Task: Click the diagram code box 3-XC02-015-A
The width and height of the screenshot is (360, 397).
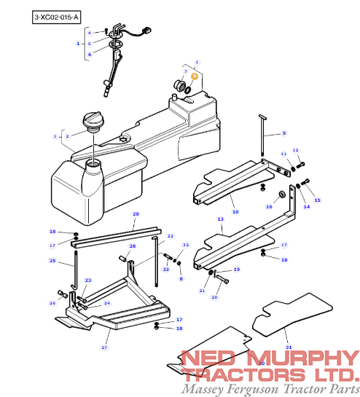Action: pyautogui.click(x=56, y=17)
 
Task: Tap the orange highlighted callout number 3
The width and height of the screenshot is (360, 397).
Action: pyautogui.click(x=195, y=76)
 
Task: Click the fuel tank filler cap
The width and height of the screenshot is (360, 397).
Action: pyautogui.click(x=93, y=121)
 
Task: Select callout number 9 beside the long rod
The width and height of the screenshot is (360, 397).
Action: pyautogui.click(x=284, y=133)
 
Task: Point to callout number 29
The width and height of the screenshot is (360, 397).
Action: pyautogui.click(x=136, y=214)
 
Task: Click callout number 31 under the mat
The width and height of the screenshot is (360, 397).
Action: pyautogui.click(x=289, y=347)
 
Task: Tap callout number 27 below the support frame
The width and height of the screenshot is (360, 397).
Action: pyautogui.click(x=104, y=347)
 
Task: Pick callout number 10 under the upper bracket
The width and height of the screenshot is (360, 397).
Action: pyautogui.click(x=235, y=212)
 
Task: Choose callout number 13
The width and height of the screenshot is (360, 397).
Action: pyautogui.click(x=220, y=219)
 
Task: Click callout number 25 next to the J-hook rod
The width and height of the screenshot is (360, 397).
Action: pyautogui.click(x=52, y=261)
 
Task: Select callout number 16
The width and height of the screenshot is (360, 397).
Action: pyautogui.click(x=269, y=207)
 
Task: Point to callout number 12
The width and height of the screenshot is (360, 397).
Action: pyautogui.click(x=295, y=150)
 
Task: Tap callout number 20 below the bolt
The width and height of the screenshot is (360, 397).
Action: pyautogui.click(x=214, y=297)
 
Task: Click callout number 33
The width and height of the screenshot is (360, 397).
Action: pyautogui.click(x=166, y=269)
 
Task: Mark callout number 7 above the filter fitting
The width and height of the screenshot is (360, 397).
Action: pyautogui.click(x=185, y=71)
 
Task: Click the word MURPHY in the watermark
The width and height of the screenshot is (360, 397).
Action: pyautogui.click(x=303, y=358)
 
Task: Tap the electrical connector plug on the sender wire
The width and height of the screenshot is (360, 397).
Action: pyautogui.click(x=146, y=31)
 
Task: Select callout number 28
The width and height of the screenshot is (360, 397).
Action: pyautogui.click(x=133, y=246)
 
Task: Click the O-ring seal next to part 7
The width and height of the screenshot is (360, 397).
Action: pyautogui.click(x=188, y=90)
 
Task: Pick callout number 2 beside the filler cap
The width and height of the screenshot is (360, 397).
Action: pyautogui.click(x=67, y=136)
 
